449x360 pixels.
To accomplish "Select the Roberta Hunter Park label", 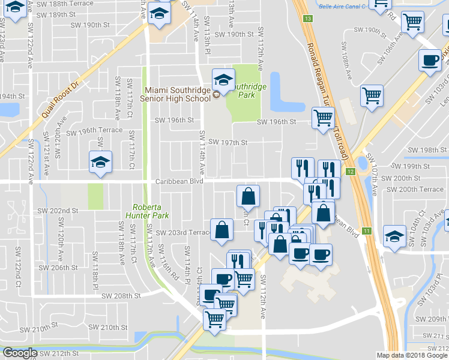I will click(x=146, y=210).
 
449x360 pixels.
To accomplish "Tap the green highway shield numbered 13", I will click(x=308, y=19).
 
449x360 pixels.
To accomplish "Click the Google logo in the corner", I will click(x=20, y=353).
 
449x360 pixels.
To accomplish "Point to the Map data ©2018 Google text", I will click(x=411, y=355).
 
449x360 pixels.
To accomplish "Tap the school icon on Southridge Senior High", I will click(x=223, y=80).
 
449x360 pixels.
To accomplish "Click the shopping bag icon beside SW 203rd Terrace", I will click(x=221, y=229).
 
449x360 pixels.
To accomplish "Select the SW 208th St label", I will click(x=121, y=296).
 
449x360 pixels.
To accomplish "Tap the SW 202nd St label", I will click(x=58, y=211).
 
